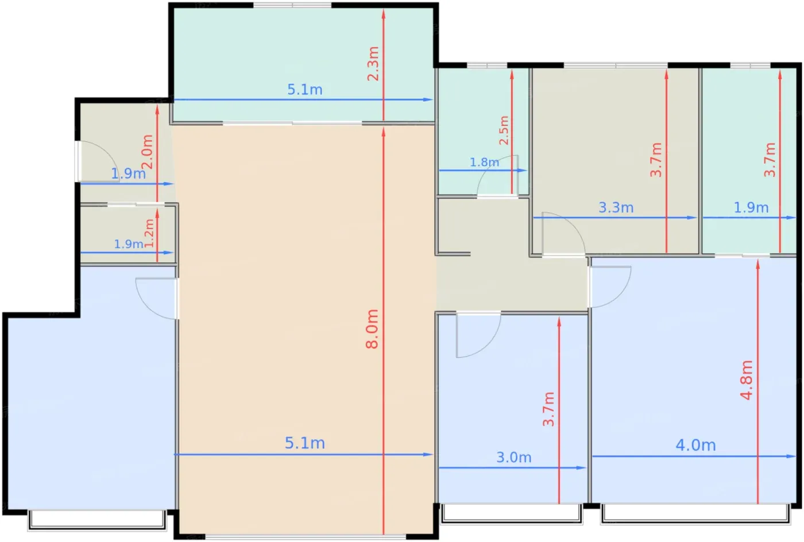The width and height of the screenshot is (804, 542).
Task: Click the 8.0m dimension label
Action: coord(372,329)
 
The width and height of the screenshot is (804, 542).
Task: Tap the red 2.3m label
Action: coord(373,64)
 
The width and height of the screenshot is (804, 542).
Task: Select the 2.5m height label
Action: coord(504,130)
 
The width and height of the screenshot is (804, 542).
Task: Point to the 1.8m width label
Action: coord(485,162)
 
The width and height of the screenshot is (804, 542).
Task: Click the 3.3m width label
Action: coord(616,207)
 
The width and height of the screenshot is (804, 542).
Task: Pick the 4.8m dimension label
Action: coord(747,380)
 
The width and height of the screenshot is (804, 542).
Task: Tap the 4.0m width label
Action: coord(695,445)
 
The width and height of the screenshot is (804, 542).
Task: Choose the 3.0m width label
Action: coord(513,457)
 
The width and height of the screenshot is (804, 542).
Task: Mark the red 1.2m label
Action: coord(149,233)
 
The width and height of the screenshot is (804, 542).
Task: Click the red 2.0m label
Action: coord(147,152)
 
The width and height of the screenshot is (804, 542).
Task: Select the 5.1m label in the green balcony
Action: coord(305,90)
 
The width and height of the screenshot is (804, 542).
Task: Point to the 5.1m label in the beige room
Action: coord(305,443)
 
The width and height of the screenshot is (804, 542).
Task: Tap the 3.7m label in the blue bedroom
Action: coord(548,409)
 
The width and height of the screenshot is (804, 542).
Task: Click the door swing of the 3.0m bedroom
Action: coord(478,335)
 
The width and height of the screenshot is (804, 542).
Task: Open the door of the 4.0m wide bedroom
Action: coord(610,287)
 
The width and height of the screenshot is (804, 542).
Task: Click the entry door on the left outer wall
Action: coord(98,161)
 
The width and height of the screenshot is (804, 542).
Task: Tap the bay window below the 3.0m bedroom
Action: coord(511,514)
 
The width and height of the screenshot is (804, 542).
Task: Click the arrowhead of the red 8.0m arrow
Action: coord(384,131)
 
